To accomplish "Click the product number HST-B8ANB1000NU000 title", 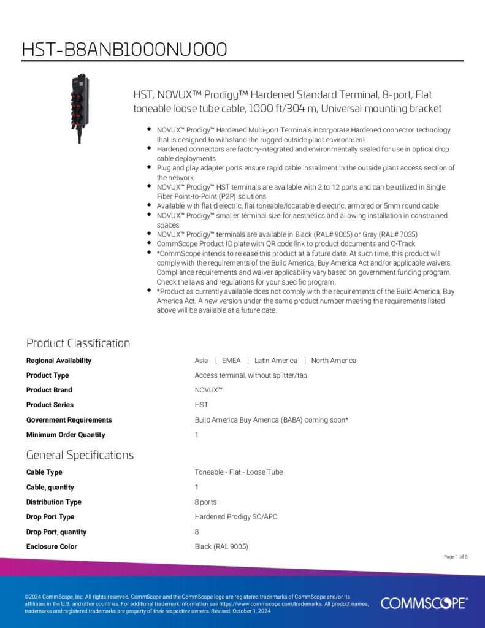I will pos(124,49).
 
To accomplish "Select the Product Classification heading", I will pos(78,343).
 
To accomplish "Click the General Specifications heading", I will pos(80,455).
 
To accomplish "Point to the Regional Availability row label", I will pos(59,361).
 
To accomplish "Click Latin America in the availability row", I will pos(276,361).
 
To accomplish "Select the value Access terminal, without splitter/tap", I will pos(251,375).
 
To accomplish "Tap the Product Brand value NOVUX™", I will pos(208,390).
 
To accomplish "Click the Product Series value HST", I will pos(202,405).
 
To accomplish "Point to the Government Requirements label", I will pos(69,420).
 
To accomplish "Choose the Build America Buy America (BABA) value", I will pos(272,420).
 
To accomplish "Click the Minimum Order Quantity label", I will pos(66,435).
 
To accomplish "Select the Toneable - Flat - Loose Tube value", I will pos(239,472).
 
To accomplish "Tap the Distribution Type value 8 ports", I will pos(205,502).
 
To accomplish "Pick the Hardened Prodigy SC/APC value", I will pos(236,517).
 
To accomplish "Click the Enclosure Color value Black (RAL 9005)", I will pos(221,546).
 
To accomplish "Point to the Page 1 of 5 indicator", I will pos(456,557).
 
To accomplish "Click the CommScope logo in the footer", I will pos(424,603).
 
